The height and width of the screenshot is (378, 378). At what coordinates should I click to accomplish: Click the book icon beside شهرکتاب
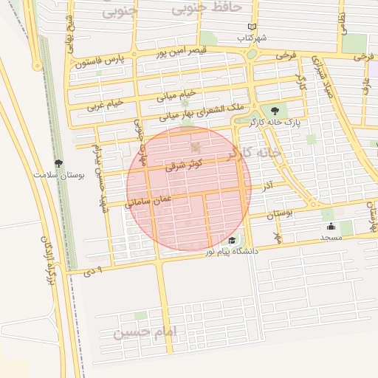[x=252, y=26]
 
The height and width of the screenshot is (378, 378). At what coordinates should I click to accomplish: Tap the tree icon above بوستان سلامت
[x=58, y=163]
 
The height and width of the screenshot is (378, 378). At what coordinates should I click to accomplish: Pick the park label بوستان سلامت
[x=59, y=176]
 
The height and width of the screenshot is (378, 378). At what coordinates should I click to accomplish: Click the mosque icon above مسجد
[x=330, y=227]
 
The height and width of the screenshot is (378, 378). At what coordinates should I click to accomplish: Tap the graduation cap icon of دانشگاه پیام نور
[x=233, y=240]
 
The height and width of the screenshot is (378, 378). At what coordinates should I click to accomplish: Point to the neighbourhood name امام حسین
[x=146, y=333]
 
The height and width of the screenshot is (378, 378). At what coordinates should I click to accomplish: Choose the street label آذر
[x=268, y=184]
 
